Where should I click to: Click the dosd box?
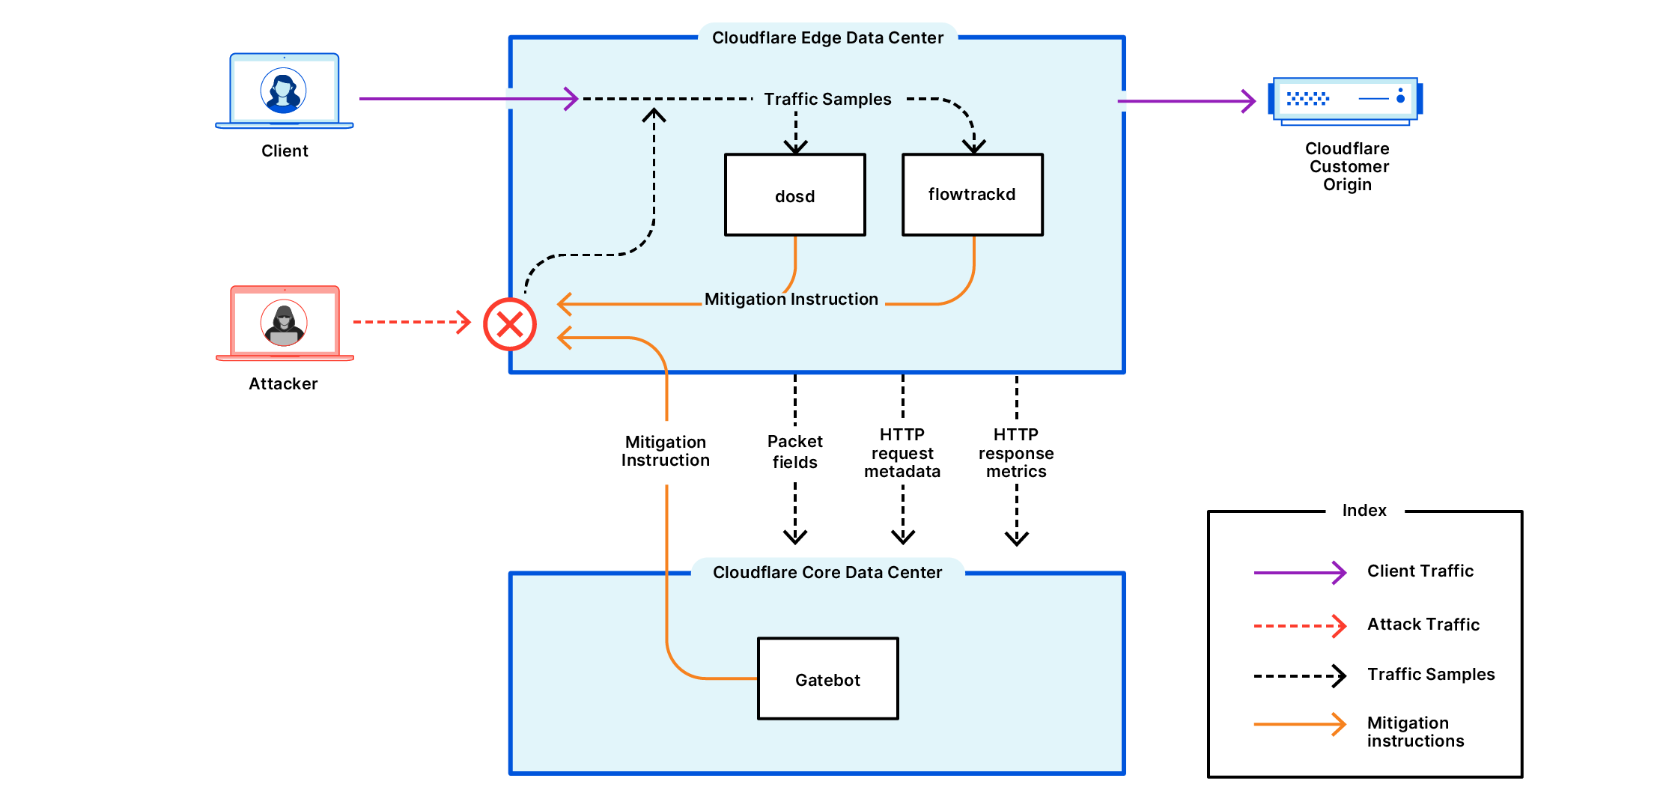click(794, 195)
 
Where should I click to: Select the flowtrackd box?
click(972, 195)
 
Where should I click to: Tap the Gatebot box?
click(827, 679)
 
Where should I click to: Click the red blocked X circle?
click(510, 324)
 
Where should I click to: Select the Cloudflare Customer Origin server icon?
click(1345, 100)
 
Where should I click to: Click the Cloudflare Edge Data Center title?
click(827, 37)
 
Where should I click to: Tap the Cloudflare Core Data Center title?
click(827, 572)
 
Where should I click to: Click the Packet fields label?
click(794, 452)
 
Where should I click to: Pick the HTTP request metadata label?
click(902, 453)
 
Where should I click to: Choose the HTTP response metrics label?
click(1016, 453)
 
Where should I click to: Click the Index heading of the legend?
click(1364, 511)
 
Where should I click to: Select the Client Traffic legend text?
click(1420, 571)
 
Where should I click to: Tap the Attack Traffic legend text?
click(1423, 625)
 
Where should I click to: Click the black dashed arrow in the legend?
click(1300, 675)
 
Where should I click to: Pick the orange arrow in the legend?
click(1300, 724)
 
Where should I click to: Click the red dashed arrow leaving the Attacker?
click(412, 322)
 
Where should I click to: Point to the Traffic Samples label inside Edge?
click(827, 99)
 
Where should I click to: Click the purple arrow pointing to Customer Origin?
click(1187, 101)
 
